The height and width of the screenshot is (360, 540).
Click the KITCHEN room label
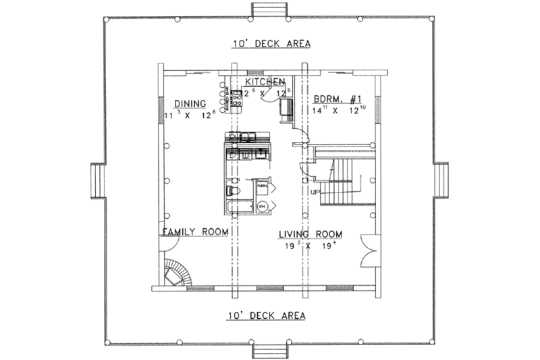(265, 81)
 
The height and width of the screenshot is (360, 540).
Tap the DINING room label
(190, 103)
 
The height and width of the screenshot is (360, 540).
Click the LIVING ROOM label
(311, 234)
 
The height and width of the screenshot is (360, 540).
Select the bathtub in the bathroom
(238, 206)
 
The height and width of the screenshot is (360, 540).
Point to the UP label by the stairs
(315, 192)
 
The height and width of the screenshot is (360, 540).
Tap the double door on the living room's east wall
(369, 251)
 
